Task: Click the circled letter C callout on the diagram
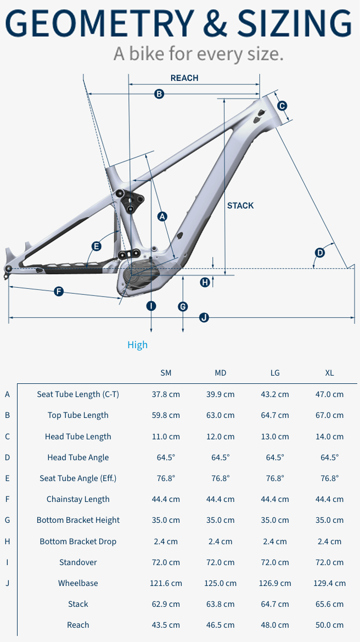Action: pyautogui.click(x=282, y=105)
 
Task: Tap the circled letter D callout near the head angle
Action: pyautogui.click(x=320, y=253)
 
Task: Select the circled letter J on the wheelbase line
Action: pyautogui.click(x=204, y=317)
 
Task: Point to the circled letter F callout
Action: pyautogui.click(x=59, y=292)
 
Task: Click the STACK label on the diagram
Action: pyautogui.click(x=240, y=205)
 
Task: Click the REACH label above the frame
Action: pyautogui.click(x=184, y=78)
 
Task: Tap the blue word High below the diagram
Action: pyautogui.click(x=137, y=345)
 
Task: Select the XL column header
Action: pyautogui.click(x=329, y=373)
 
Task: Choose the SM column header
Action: pyautogui.click(x=166, y=373)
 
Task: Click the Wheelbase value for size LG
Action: pyautogui.click(x=275, y=583)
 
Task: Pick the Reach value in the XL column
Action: pyautogui.click(x=329, y=625)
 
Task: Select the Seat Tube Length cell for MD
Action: pyautogui.click(x=221, y=394)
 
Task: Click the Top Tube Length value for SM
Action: pyautogui.click(x=166, y=415)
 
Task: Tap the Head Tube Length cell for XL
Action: pyautogui.click(x=329, y=437)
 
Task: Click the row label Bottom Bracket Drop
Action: pyautogui.click(x=78, y=541)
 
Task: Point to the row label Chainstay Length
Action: pyautogui.click(x=78, y=499)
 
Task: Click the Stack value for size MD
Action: pyautogui.click(x=221, y=604)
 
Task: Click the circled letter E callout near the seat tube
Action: pyautogui.click(x=97, y=246)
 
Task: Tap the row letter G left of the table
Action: pyautogui.click(x=7, y=520)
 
